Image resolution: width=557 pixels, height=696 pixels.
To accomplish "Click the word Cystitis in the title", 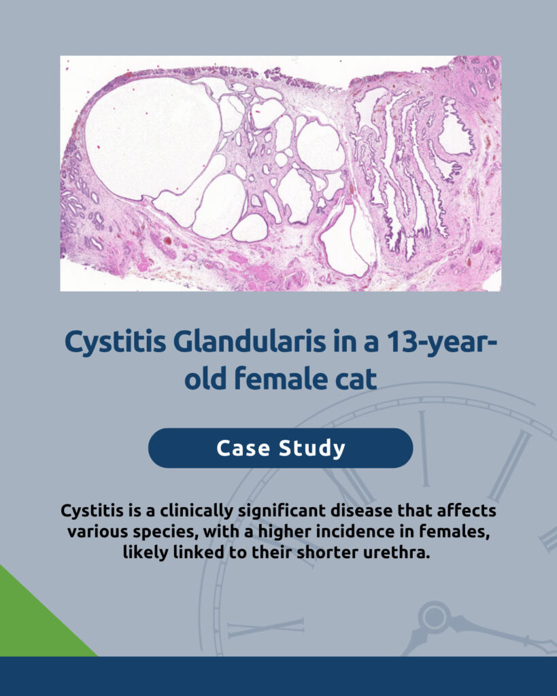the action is [116, 343].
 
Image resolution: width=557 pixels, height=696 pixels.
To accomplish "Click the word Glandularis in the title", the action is [249, 341].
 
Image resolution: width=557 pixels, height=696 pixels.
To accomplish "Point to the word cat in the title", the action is [355, 379].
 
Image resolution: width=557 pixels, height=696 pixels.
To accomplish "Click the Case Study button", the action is [280, 448].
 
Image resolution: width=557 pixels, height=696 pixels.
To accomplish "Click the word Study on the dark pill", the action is [311, 449].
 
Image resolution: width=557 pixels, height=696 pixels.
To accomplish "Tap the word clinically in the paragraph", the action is [197, 510].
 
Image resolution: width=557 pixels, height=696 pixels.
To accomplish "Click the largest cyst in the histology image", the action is [151, 137].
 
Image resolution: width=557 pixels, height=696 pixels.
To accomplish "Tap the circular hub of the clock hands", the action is [434, 617].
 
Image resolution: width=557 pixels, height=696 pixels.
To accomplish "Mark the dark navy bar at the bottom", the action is [279, 676].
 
